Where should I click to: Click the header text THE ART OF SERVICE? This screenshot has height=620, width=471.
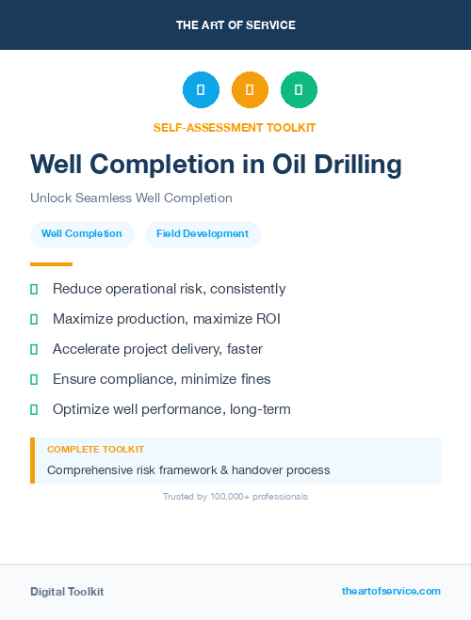coord(235,25)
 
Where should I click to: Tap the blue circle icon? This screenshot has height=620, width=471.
coord(201,90)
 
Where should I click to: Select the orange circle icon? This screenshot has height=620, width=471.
coord(250,90)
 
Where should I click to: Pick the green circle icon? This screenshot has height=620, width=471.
coord(299,90)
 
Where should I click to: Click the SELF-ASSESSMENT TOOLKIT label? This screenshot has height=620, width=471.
coord(235,127)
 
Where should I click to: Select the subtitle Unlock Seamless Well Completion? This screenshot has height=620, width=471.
coord(131,199)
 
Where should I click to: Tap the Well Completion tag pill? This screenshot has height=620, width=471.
coord(82,233)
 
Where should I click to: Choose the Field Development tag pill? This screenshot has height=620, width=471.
coord(203,233)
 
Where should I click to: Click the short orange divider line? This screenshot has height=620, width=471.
coord(51,264)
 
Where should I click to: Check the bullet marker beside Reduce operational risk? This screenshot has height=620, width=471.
coord(34,290)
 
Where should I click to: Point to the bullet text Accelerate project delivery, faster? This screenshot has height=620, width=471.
coord(157,349)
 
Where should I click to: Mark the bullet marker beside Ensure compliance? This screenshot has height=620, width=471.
coord(34,380)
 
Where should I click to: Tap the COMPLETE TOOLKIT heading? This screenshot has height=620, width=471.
coord(95,450)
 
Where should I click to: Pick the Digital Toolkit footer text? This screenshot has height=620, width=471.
coord(67,592)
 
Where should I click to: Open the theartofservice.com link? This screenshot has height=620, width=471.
coord(391,591)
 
